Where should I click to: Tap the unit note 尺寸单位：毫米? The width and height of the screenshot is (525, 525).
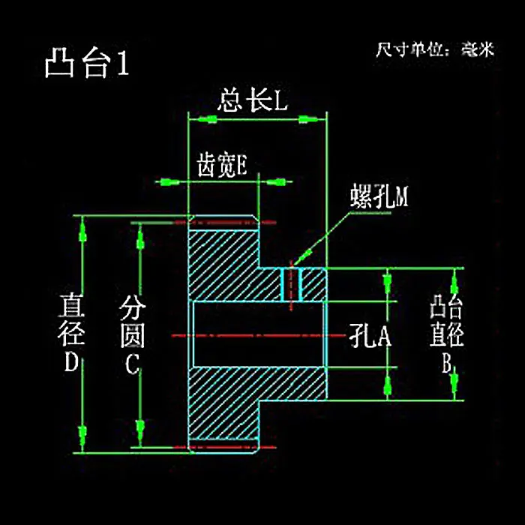point(435,51)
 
